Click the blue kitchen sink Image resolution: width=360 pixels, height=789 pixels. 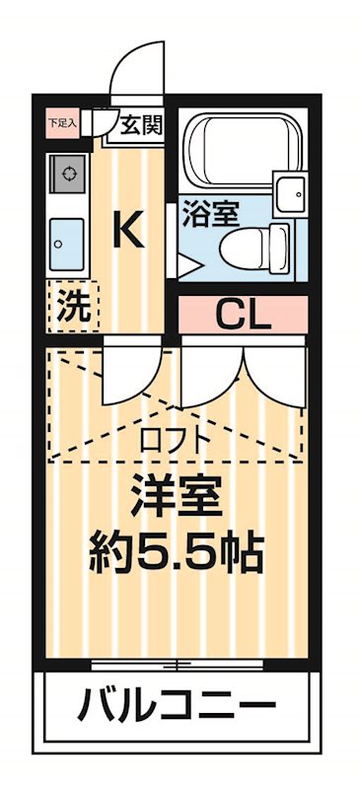pos(67,237)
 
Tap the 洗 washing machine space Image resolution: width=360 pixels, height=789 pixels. pos(71,305)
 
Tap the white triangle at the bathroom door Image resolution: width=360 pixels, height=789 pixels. pos(187,264)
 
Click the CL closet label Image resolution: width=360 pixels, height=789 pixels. pos(244,317)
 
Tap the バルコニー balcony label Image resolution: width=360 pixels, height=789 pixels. pos(178,706)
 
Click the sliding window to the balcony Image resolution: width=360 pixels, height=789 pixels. pos(178,663)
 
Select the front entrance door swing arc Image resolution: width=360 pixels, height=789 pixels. pos(133,69)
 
